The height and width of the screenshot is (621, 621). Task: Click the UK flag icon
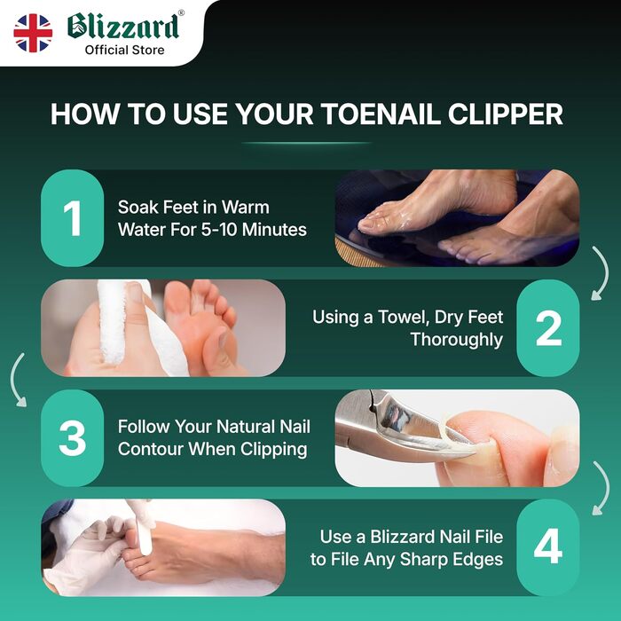point(33,33)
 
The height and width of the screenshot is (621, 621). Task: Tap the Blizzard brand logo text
point(123,26)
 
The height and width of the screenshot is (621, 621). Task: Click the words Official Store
point(124,51)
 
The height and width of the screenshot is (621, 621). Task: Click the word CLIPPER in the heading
point(506,114)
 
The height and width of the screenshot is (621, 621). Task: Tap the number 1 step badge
point(72,218)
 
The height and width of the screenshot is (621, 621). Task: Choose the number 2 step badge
point(548,328)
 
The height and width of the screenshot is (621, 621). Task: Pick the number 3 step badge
point(72,438)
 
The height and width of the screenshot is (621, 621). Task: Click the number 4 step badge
point(548,547)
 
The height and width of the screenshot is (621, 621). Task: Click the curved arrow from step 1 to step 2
point(604,273)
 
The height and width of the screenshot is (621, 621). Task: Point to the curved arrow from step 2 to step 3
point(14,380)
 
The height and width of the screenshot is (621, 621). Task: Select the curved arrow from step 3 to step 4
point(605,488)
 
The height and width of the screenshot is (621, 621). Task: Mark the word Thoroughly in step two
point(457,340)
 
